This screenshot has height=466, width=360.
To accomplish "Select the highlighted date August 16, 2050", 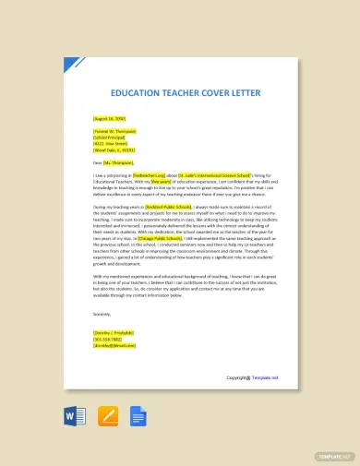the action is [x=108, y=119].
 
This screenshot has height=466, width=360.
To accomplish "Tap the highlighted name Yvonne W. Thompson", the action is [x=114, y=133].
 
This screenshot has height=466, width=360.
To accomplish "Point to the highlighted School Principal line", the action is [x=109, y=138].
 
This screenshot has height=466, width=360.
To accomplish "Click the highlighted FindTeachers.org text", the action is [x=152, y=175].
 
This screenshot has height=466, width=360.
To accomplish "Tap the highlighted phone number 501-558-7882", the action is [x=107, y=338].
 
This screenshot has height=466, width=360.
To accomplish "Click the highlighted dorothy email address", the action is [x=111, y=344].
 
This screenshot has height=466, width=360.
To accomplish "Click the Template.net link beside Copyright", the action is [x=263, y=377].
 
